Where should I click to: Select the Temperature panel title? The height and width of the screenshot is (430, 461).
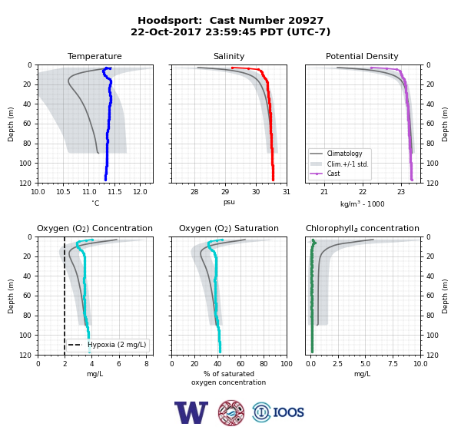click(x=95, y=56)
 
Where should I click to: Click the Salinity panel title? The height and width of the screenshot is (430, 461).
click(x=229, y=56)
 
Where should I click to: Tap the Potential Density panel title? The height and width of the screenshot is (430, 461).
click(x=362, y=56)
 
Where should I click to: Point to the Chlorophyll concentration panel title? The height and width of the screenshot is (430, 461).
click(x=363, y=228)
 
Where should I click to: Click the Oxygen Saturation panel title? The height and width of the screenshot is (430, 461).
click(x=229, y=228)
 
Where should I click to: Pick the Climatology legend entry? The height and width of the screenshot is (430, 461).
click(x=344, y=154)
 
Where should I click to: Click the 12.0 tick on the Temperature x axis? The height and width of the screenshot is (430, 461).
click(x=140, y=192)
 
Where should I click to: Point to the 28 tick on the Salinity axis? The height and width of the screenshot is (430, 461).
click(x=194, y=192)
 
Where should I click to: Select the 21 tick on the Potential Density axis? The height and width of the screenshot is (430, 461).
click(x=324, y=192)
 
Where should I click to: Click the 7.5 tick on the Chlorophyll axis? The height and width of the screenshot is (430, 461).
click(x=393, y=364)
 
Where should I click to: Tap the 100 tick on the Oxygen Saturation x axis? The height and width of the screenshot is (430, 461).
click(x=287, y=364)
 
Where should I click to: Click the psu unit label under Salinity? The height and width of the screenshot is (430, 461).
click(x=229, y=202)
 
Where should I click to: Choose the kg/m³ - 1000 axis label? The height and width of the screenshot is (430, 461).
click(x=362, y=203)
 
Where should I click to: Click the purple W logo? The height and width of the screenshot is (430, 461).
click(x=191, y=412)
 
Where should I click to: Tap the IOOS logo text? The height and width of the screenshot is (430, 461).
click(x=288, y=412)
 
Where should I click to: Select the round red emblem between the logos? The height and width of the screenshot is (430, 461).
click(x=231, y=412)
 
